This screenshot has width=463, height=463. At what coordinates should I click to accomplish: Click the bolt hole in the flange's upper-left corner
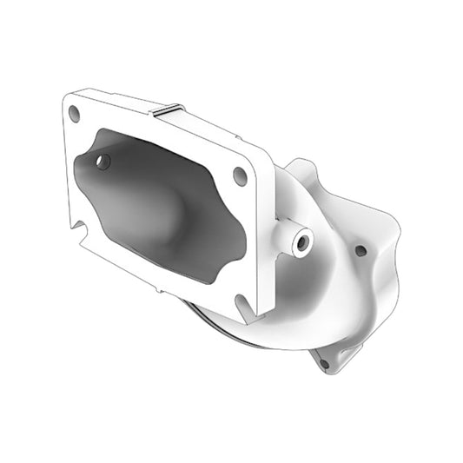click(x=75, y=112)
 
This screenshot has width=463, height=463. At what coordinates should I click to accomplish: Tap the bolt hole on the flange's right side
click(x=241, y=175)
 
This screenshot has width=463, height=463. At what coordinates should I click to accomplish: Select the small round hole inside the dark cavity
click(x=103, y=162)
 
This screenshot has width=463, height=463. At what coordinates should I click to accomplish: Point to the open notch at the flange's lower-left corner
click(x=81, y=228)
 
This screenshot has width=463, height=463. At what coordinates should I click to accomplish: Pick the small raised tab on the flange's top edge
click(x=167, y=109)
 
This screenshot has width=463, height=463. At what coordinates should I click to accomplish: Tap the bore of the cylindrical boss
click(x=302, y=243)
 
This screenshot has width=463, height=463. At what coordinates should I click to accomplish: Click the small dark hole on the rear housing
click(x=360, y=251)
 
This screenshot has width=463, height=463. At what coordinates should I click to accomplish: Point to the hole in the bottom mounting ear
click(x=323, y=364)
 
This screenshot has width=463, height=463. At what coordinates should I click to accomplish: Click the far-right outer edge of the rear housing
click(x=399, y=235)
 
